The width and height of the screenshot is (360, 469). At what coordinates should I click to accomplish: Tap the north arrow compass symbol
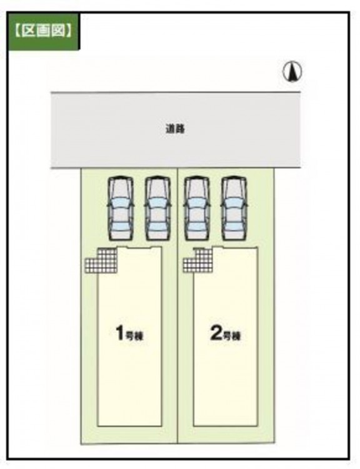[x=292, y=72]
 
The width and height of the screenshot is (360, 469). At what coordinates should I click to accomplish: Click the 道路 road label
[x=176, y=129]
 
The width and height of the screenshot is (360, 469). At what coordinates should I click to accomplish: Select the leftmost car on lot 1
[x=120, y=208]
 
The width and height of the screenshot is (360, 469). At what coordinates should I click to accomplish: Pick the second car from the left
[x=157, y=208]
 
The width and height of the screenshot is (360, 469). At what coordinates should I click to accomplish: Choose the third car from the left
[x=196, y=208]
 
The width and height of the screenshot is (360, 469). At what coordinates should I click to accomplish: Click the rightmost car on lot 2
[x=234, y=208]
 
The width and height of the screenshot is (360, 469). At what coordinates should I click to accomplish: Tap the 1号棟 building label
[x=130, y=333]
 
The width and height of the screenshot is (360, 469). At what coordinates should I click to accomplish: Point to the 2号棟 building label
[x=226, y=333]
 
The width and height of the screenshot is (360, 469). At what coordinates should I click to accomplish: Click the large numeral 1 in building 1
[x=120, y=333]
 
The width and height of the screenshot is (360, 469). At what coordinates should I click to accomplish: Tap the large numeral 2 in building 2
[x=216, y=333]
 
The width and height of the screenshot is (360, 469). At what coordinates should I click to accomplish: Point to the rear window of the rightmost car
[x=234, y=227]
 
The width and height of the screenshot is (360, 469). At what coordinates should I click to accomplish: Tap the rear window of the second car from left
[x=157, y=227]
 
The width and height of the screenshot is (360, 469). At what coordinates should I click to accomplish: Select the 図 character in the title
[x=58, y=30]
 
